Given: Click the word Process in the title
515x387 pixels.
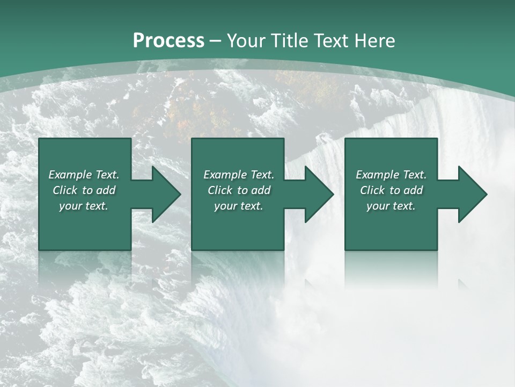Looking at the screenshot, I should click(x=168, y=41).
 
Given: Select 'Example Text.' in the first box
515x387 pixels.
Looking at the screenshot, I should click(x=84, y=175).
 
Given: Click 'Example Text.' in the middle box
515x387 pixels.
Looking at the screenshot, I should click(x=239, y=175).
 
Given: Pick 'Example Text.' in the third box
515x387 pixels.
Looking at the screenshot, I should click(x=391, y=175).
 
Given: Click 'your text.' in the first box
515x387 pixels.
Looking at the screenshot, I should click(x=84, y=206).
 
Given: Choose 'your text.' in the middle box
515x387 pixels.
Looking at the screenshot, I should click(x=239, y=206).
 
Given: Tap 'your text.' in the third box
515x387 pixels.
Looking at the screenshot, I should click(x=391, y=206).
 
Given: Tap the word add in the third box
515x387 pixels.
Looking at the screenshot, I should click(x=414, y=190).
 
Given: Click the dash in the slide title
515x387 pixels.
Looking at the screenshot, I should click(x=216, y=41).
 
